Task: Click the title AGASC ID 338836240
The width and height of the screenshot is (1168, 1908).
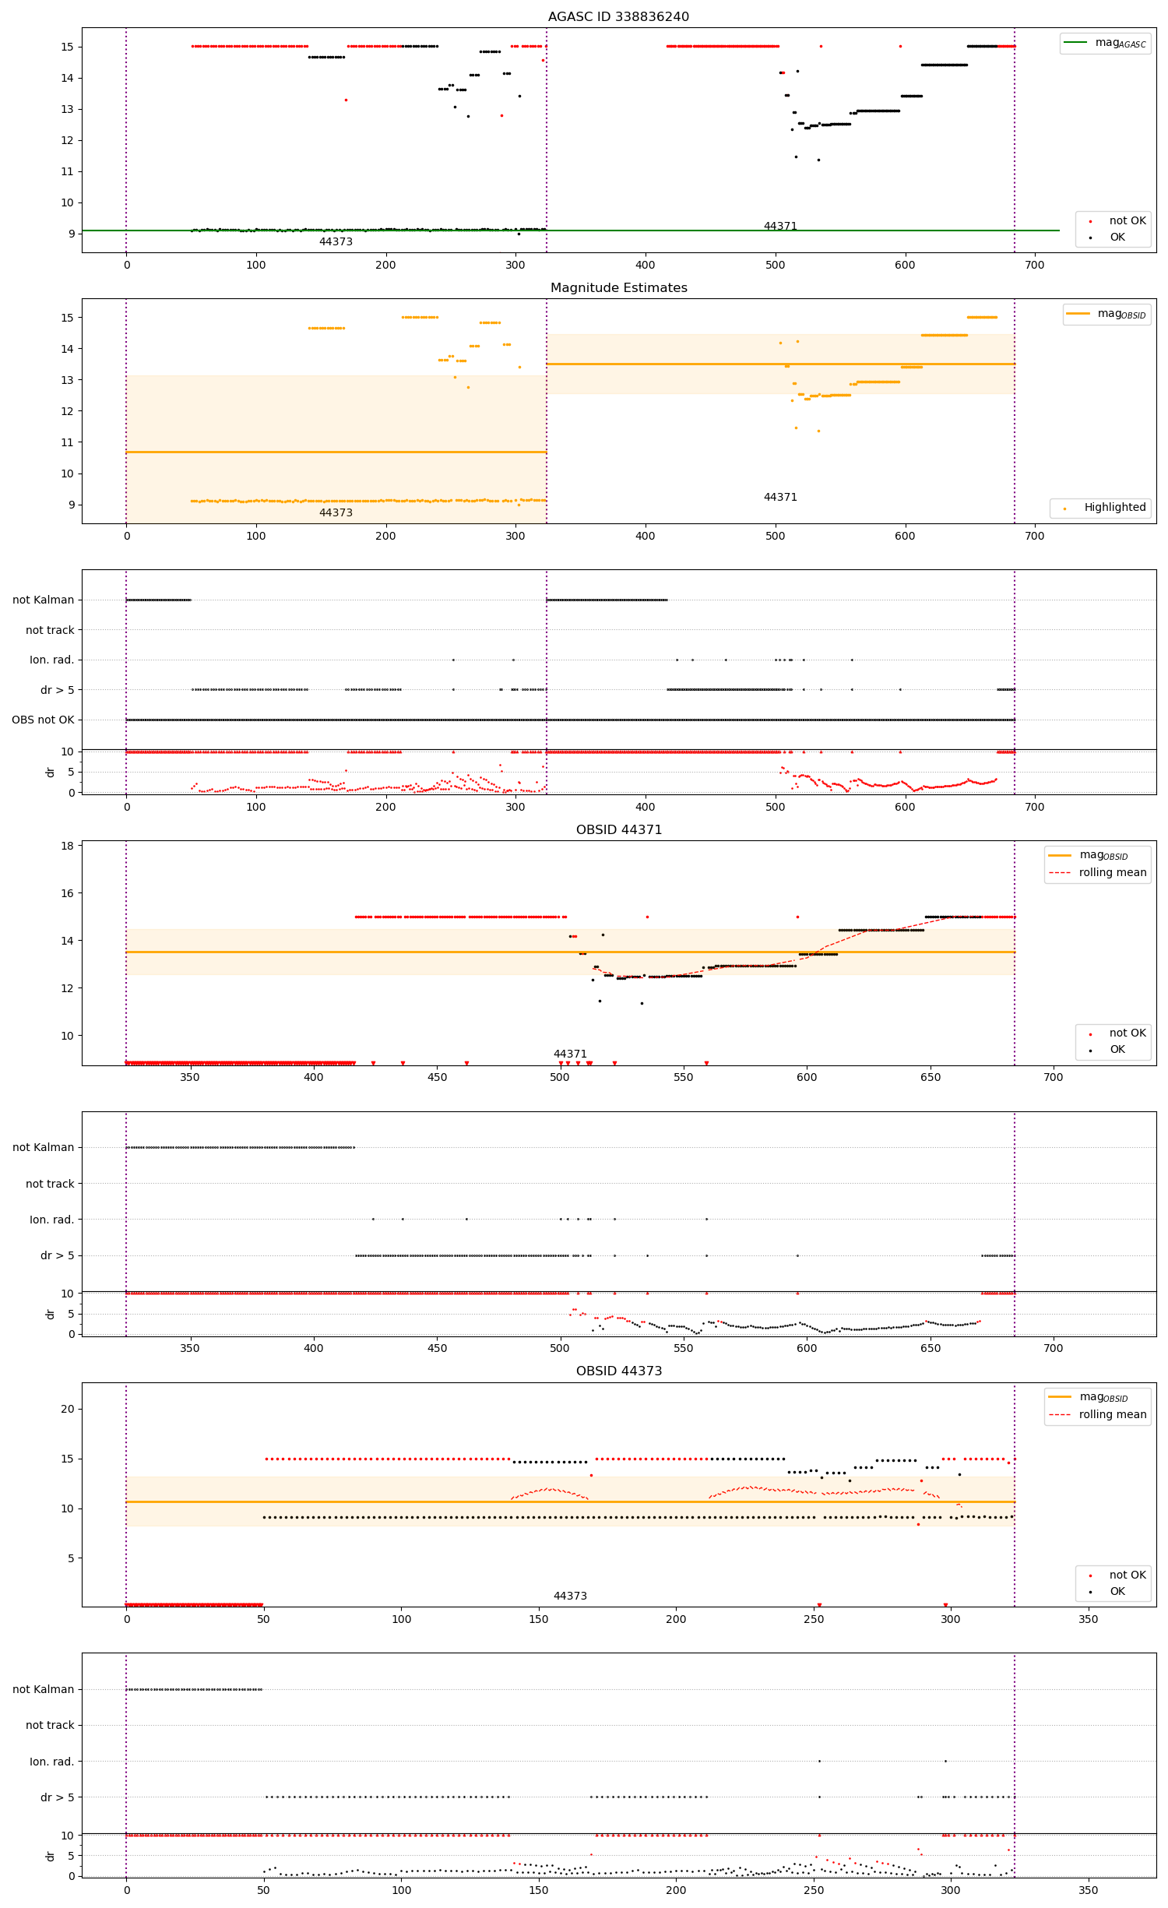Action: coord(618,16)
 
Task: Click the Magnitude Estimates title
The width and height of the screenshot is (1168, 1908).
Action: coord(618,287)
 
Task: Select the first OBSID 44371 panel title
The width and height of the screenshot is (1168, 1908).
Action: coord(618,829)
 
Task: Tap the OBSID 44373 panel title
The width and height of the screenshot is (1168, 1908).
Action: coord(618,1371)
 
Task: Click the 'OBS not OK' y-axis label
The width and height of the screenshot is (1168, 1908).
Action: coord(43,720)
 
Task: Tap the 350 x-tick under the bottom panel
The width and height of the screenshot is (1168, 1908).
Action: coord(1088,1890)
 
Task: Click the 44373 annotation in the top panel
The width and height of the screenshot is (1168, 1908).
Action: coord(336,241)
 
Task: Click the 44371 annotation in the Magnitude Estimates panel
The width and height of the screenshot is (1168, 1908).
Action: coord(779,497)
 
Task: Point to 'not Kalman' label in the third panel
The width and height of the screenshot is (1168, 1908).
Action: coord(43,600)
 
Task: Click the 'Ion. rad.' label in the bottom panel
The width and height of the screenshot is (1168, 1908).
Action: coord(51,1762)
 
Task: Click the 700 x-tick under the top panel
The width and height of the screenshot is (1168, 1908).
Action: coord(1034,265)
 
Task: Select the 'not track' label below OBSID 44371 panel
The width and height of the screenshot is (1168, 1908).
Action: coord(50,1184)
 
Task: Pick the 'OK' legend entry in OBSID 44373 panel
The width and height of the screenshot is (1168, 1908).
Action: coord(1117,1591)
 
